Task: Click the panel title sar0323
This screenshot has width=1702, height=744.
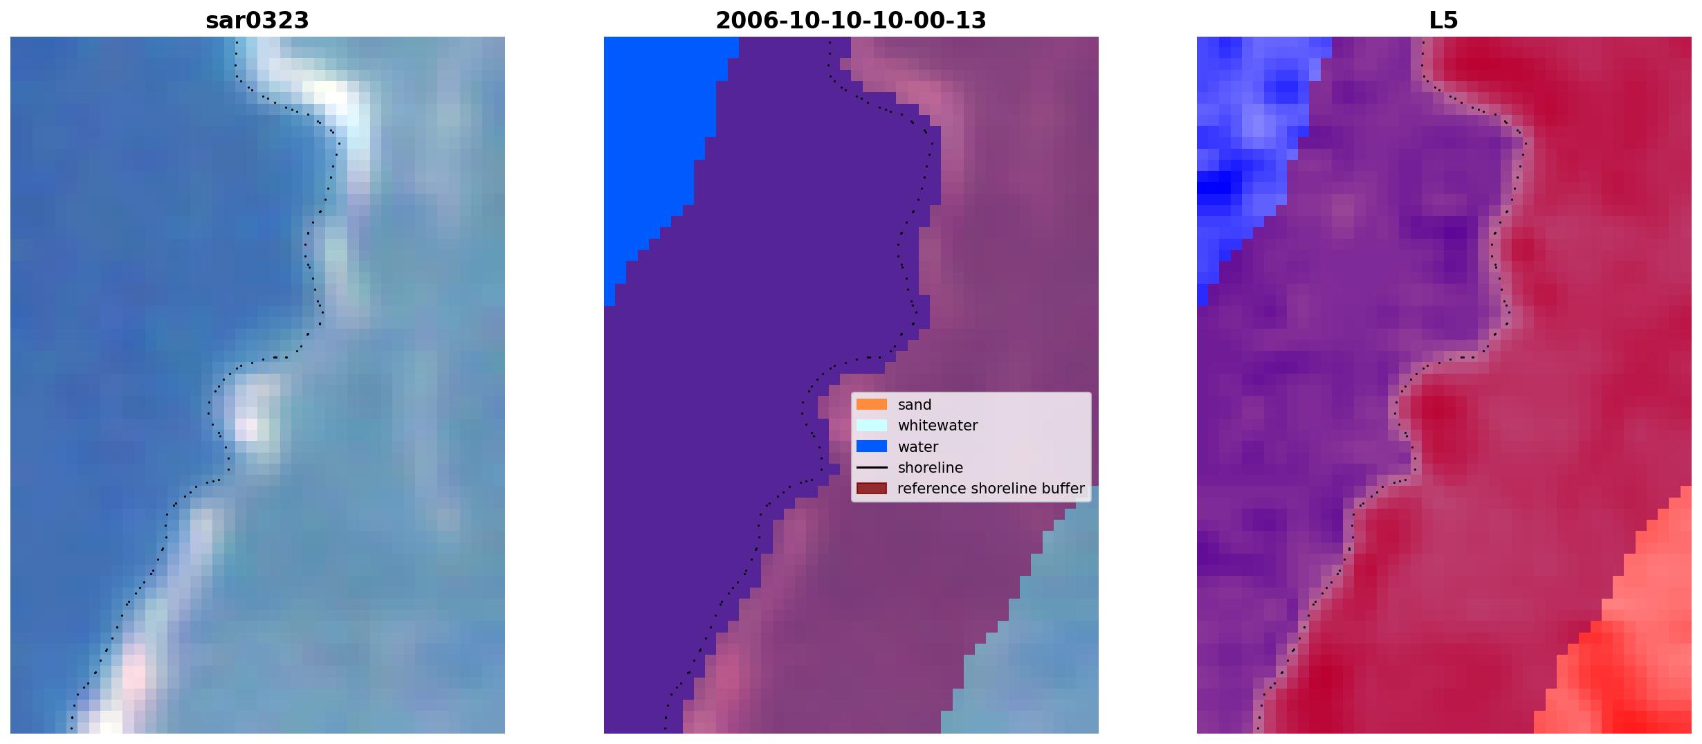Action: [x=257, y=20]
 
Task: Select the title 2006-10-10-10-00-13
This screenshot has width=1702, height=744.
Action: [x=851, y=20]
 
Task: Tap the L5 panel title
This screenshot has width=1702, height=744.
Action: [x=1444, y=20]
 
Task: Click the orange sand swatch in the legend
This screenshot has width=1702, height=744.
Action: [x=872, y=404]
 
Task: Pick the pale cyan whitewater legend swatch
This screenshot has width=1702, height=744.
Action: [x=872, y=426]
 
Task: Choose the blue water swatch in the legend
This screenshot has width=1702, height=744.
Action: [x=872, y=446]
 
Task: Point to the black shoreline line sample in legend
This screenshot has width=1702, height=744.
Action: [x=872, y=468]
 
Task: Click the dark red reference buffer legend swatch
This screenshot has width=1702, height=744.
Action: [x=872, y=489]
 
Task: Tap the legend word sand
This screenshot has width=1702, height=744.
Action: [x=915, y=405]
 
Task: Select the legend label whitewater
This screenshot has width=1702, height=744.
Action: [x=937, y=426]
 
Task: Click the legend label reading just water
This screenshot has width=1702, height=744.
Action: [x=918, y=447]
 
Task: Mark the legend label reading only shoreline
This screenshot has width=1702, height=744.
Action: [x=931, y=468]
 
